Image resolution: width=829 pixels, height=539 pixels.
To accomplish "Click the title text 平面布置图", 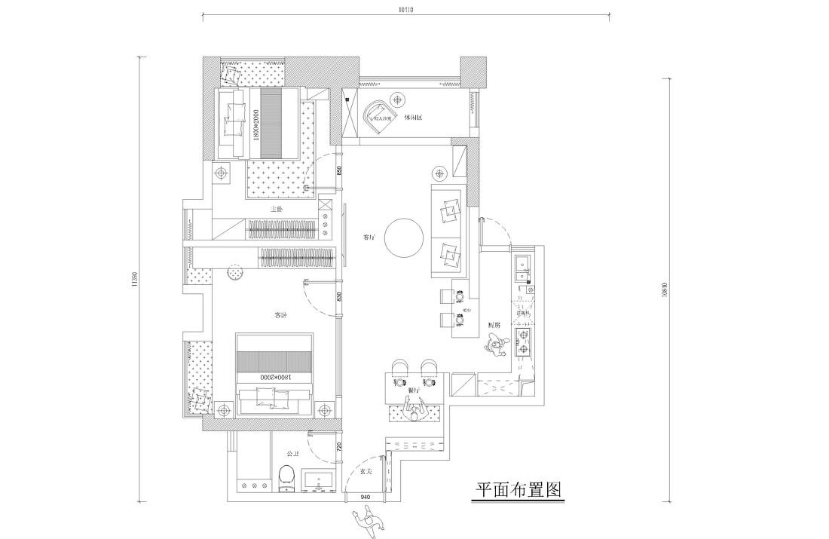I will pos(518,491).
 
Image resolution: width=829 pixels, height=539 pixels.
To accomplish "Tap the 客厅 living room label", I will pos(369,237).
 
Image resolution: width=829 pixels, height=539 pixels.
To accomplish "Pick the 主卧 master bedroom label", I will pos(277,209).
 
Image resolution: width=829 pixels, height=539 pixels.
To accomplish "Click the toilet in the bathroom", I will pos(286,478).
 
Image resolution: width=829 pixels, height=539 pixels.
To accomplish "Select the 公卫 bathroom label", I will pos(293,454).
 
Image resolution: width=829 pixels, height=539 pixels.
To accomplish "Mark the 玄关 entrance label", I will pos(367,471).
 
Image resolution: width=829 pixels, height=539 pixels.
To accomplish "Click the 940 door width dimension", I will pos(365,498).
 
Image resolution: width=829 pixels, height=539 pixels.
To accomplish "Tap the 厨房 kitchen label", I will pos(494,324).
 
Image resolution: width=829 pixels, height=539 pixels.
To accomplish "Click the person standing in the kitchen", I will pos(496,348).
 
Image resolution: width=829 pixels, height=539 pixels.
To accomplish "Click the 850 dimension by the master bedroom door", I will pos(340,171).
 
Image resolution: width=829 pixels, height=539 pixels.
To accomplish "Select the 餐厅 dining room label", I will pos(412,390).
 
